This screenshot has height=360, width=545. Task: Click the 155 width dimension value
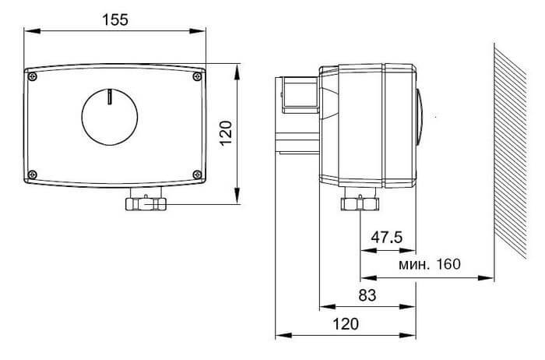pyautogui.click(x=115, y=19)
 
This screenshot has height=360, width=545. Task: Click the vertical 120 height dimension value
pyautogui.click(x=227, y=133)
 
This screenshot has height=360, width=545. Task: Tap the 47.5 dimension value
pyautogui.click(x=386, y=238)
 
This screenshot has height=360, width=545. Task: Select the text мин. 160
pyautogui.click(x=430, y=264)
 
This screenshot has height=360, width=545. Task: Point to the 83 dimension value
pyautogui.click(x=367, y=295)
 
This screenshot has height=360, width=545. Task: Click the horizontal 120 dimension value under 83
pyautogui.click(x=346, y=324)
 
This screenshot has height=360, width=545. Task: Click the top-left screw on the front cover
pyautogui.click(x=33, y=76)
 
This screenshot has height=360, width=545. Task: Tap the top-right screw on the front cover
pyautogui.click(x=197, y=76)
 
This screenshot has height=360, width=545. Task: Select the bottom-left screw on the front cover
pyautogui.click(x=33, y=175)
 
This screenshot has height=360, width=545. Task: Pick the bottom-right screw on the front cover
pyautogui.click(x=197, y=175)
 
